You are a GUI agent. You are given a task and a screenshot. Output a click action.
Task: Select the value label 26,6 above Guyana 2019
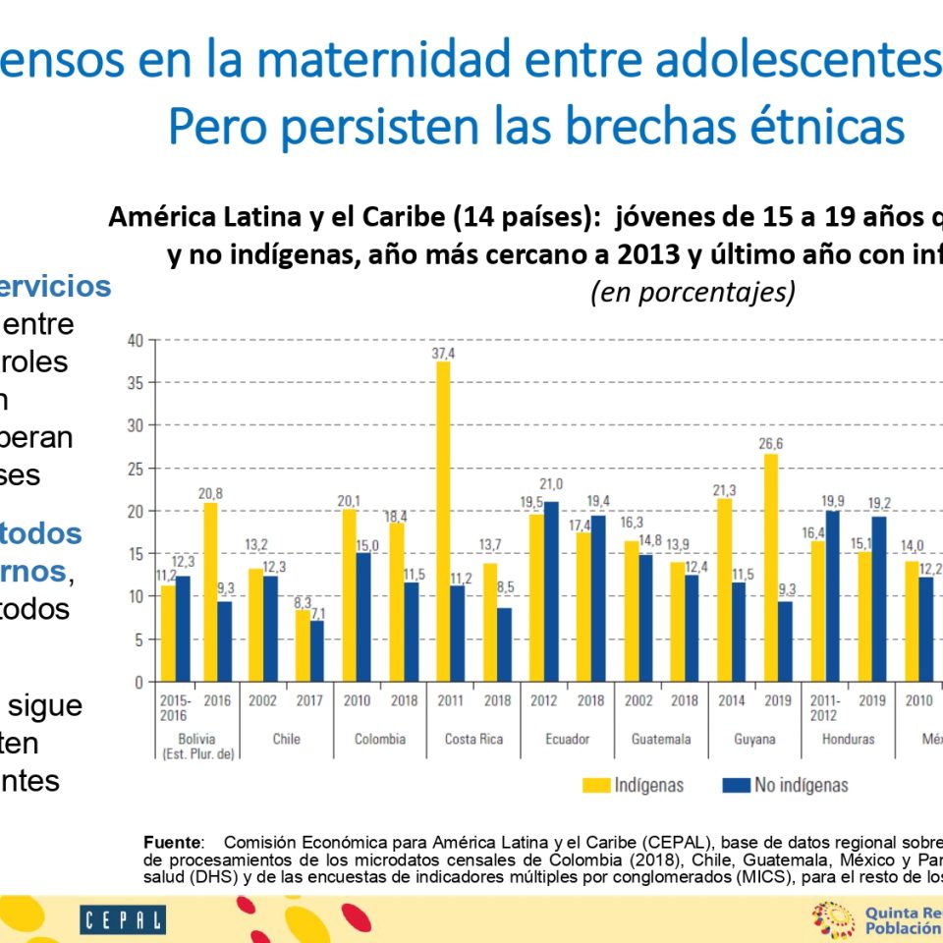click(769, 443)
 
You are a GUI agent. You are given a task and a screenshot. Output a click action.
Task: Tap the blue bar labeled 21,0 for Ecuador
click(550, 591)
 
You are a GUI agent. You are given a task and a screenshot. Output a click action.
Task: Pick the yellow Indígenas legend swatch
click(594, 785)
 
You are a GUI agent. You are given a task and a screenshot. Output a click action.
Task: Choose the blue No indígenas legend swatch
click(736, 785)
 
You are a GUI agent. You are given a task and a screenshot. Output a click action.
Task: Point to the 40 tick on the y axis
click(136, 340)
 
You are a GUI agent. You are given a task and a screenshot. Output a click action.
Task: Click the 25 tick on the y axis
click(136, 469)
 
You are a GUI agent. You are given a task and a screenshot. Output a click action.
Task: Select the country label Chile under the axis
click(287, 739)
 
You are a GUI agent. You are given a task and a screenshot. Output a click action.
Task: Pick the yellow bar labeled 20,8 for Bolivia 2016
click(210, 591)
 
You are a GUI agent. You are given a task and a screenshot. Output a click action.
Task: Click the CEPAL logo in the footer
click(123, 920)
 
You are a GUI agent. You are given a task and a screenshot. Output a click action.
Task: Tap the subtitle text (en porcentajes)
click(693, 293)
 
